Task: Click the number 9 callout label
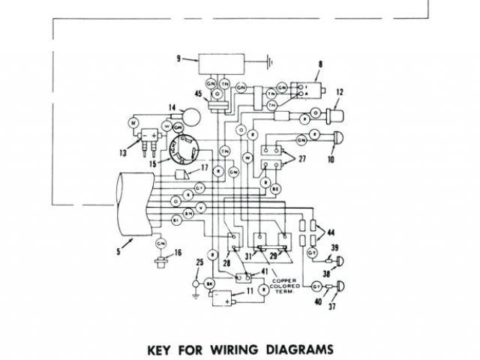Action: tap(178, 58)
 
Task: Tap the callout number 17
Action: tap(203, 167)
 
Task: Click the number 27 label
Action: tap(302, 158)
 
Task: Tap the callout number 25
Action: tap(199, 262)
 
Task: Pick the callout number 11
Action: tap(250, 289)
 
